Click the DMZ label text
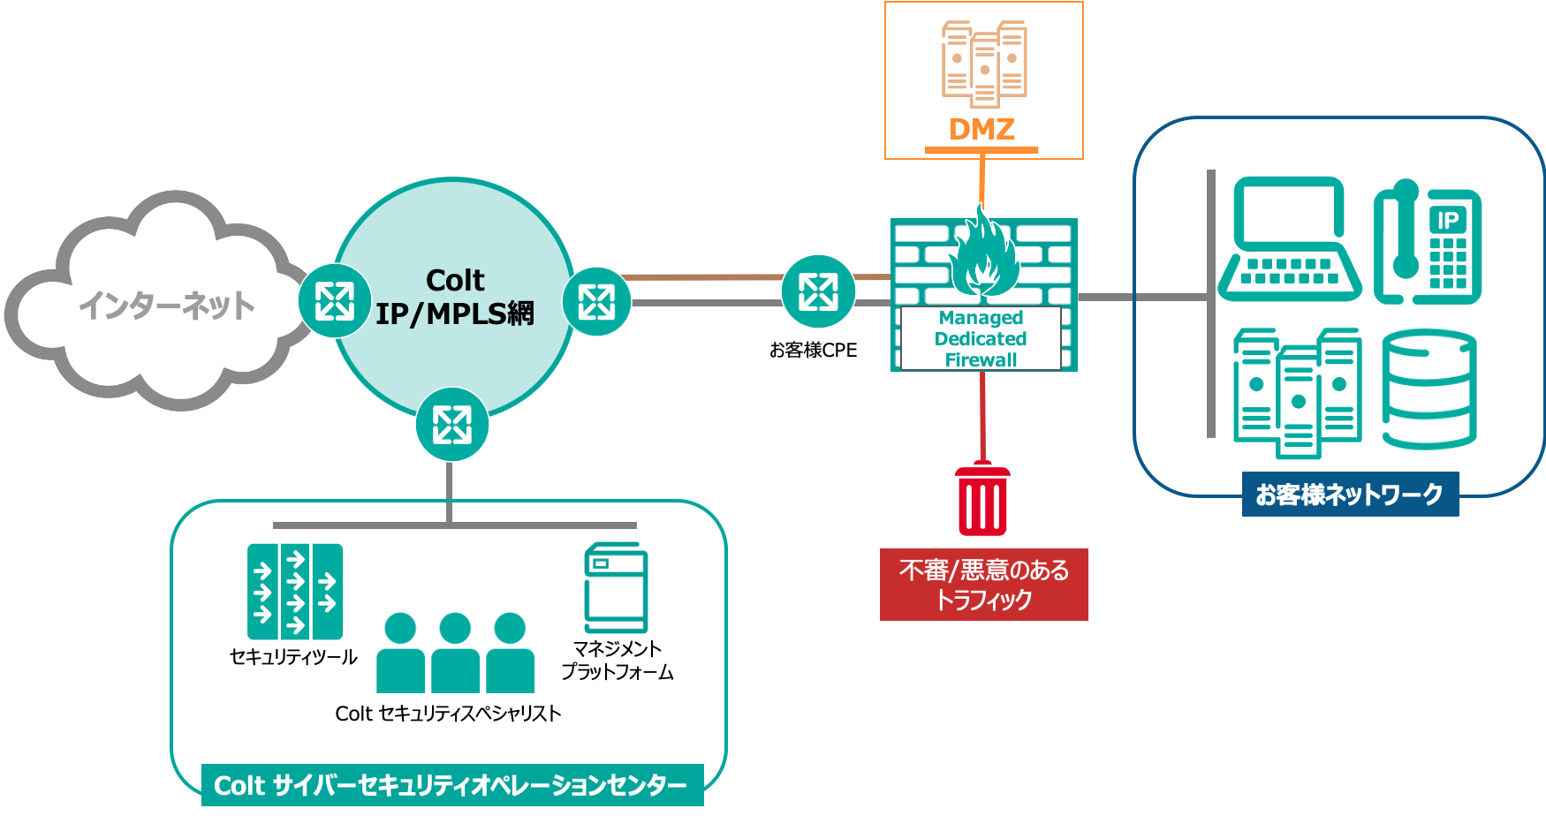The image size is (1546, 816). tap(981, 129)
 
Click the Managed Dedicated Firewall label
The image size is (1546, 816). tap(981, 339)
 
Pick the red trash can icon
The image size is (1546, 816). tap(982, 500)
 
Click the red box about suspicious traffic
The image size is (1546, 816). tap(983, 585)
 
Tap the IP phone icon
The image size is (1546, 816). tap(1428, 244)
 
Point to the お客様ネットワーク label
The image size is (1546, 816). tap(1349, 495)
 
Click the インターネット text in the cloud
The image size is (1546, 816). tap(166, 306)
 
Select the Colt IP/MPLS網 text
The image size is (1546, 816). tap(455, 298)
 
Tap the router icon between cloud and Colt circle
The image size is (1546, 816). tap(335, 301)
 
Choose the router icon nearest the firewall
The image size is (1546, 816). tap(818, 291)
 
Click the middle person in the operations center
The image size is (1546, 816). tap(455, 654)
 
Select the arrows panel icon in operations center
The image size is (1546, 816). tap(294, 592)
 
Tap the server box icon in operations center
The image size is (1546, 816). tap(616, 589)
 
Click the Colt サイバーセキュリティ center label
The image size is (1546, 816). tap(451, 785)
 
